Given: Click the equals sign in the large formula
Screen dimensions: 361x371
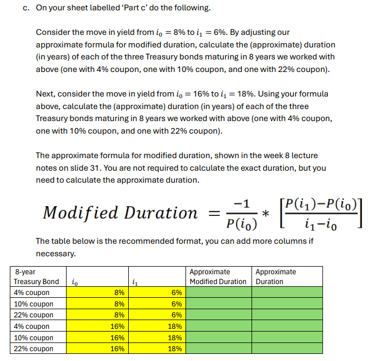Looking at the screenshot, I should [214, 213].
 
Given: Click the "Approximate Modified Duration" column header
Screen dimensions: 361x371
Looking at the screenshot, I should [218, 276].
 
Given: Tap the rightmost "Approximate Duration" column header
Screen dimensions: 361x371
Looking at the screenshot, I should [276, 276].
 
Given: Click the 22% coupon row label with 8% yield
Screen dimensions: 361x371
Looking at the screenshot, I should [34, 315].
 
